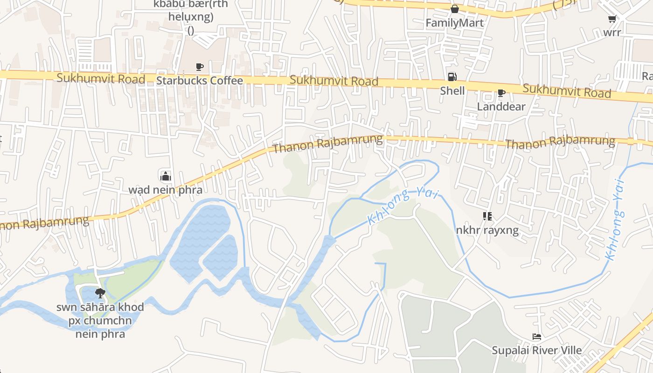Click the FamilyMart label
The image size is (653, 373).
pyautogui.click(x=454, y=23)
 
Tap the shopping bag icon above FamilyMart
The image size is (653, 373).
pyautogui.click(x=454, y=9)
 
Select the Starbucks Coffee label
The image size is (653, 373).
pyautogui.click(x=200, y=81)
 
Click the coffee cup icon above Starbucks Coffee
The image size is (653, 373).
pyautogui.click(x=200, y=67)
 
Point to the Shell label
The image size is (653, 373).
pyautogui.click(x=452, y=90)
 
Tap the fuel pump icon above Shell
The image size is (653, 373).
pyautogui.click(x=452, y=77)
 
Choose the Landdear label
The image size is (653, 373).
pyautogui.click(x=501, y=106)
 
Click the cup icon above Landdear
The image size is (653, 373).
pyautogui.click(x=501, y=93)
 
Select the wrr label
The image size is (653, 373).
pyautogui.click(x=612, y=33)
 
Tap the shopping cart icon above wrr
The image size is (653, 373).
pyautogui.click(x=612, y=19)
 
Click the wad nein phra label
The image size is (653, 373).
pyautogui.click(x=165, y=190)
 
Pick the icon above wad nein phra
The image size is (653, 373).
pyautogui.click(x=165, y=176)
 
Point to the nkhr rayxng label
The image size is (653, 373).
pyautogui.click(x=487, y=230)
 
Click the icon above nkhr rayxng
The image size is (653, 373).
pyautogui.click(x=487, y=216)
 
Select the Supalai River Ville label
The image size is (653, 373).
pyautogui.click(x=537, y=350)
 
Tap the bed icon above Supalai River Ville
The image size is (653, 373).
pyautogui.click(x=537, y=337)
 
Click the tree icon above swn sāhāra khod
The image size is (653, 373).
pyautogui.click(x=100, y=293)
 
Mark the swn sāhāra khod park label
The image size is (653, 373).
pyautogui.click(x=100, y=321)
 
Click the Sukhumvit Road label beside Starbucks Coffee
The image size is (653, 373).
pyautogui.click(x=101, y=78)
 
